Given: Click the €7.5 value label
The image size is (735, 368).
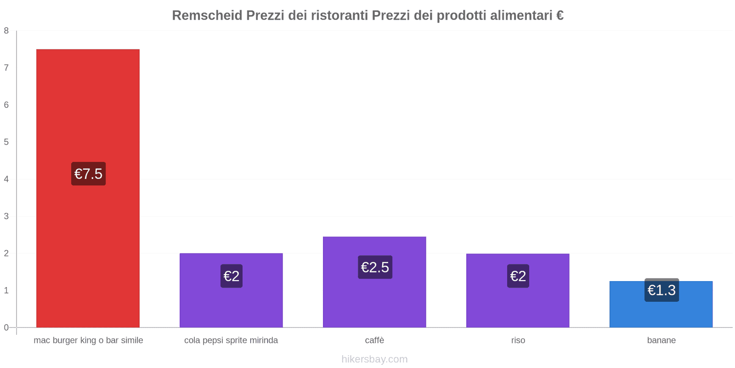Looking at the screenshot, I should point(88,174).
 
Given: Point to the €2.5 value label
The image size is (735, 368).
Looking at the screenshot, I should point(375,267).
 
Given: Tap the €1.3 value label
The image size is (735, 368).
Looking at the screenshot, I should point(661,290).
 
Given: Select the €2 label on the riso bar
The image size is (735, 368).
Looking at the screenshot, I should point(518,276).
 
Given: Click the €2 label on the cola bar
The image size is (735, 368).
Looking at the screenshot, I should point(231,276).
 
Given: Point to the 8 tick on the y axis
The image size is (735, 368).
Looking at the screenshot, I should point(6,31).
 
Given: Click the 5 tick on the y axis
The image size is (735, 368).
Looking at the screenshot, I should point(6,142).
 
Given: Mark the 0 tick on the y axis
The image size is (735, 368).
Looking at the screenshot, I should point(6,328).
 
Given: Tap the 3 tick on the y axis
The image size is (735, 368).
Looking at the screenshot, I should point(6,216).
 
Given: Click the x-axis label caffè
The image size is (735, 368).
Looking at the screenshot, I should point(374,340).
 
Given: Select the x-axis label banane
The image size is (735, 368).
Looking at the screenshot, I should point(661,340).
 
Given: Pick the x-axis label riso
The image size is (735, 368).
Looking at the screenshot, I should point(518,340).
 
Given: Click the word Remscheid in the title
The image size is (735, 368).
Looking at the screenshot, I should point(207,15).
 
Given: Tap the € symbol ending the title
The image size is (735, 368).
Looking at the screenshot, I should point(560,15).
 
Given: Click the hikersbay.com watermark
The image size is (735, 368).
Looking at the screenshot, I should point(374,359).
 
